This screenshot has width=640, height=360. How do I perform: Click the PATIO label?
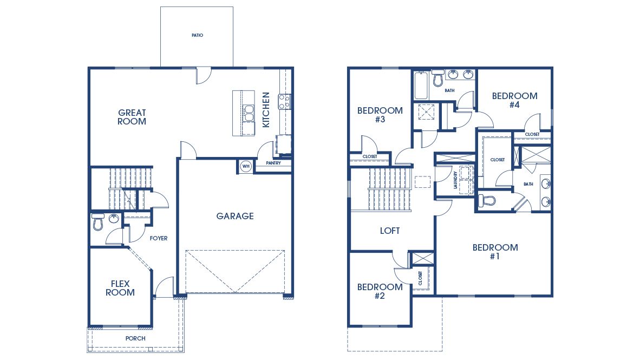coord(197,36)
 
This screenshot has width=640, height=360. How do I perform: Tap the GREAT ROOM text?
coord(132,117)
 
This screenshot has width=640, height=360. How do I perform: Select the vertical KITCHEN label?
coord(266,110)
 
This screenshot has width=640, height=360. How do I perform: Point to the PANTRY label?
coord(273,163)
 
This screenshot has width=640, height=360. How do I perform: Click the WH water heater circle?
coord(245,166)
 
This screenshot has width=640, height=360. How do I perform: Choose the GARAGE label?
coord(235,216)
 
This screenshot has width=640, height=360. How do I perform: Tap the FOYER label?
coord(159,238)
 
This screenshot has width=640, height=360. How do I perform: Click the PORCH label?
coord(135,338)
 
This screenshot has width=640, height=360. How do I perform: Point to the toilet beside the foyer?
coord(98,222)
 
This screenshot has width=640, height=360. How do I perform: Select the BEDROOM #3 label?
coord(380,115)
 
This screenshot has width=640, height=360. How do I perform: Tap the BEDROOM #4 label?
coord(514,100)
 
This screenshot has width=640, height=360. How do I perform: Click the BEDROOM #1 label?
coord(495,252)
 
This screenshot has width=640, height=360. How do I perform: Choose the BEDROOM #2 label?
coord(380,291)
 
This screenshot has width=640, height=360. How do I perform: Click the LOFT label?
coord(390,231)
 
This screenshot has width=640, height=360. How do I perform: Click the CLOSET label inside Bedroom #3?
coord(370,156)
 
